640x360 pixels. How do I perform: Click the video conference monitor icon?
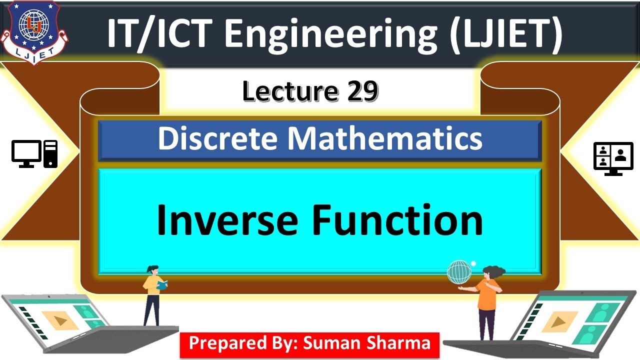click(610, 158)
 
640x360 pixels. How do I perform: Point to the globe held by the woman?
click(459, 272)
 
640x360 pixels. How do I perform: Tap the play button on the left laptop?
click(60, 320)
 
